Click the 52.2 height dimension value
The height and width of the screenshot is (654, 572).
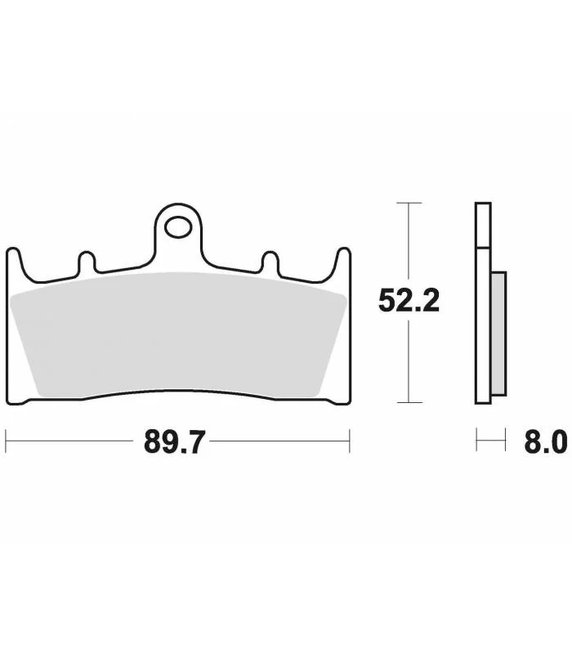(409, 301)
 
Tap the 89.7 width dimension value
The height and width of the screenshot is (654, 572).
(175, 441)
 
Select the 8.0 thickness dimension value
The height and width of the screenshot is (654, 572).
(546, 441)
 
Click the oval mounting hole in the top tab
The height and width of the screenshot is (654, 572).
(178, 227)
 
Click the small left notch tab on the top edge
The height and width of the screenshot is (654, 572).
(87, 262)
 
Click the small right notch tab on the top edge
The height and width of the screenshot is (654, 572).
(270, 262)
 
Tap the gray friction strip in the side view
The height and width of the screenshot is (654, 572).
(498, 334)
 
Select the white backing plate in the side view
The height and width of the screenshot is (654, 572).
(483, 303)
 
